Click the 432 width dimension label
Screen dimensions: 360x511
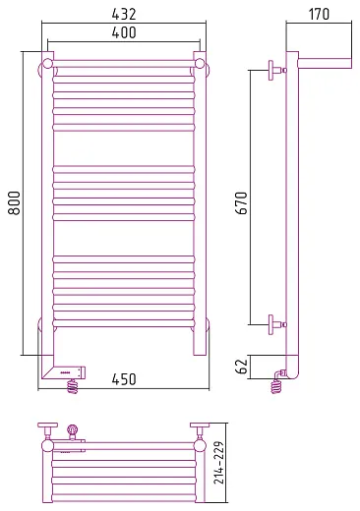[124, 14]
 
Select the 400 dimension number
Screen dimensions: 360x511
[124, 32]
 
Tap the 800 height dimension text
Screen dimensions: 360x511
[14, 203]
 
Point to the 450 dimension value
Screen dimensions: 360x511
[124, 379]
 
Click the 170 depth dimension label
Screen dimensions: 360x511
[319, 14]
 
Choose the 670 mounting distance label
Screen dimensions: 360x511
[241, 203]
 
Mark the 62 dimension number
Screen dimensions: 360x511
[241, 367]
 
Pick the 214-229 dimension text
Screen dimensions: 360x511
[219, 463]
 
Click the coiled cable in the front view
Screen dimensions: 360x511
[73, 386]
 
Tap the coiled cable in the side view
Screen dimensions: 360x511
[276, 386]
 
